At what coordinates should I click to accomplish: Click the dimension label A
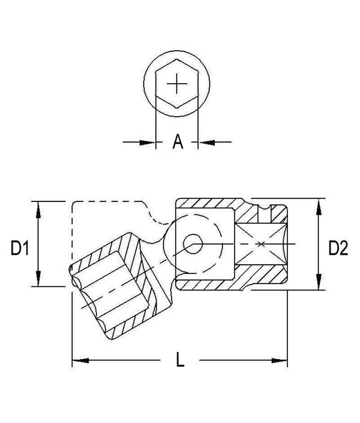(178, 142)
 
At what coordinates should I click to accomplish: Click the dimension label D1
(20, 248)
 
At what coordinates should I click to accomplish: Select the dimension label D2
(338, 248)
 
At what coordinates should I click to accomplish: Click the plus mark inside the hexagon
(176, 84)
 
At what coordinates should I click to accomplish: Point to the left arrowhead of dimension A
(149, 142)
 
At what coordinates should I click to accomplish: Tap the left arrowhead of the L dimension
(79, 360)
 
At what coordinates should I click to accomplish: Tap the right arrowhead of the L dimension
(281, 360)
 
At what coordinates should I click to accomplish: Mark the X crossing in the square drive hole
(261, 244)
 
